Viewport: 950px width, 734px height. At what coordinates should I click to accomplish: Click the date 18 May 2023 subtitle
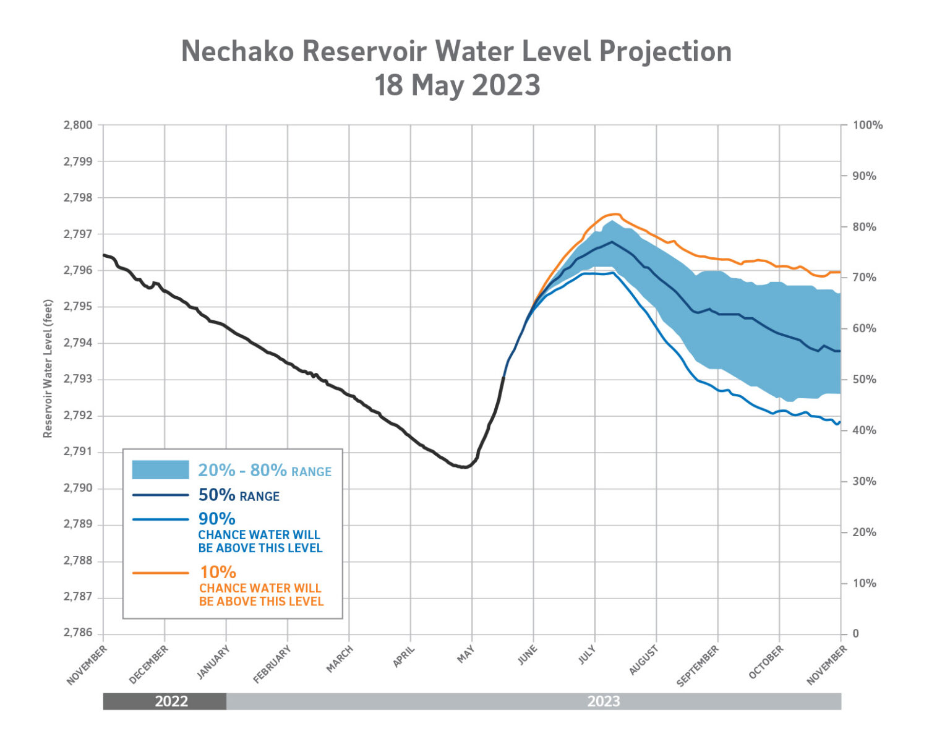(x=457, y=85)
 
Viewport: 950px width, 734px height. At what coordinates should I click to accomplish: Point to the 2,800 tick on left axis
(x=78, y=125)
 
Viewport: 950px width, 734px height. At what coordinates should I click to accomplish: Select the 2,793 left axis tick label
(x=78, y=379)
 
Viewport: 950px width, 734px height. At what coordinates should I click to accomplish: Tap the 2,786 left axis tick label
(x=78, y=633)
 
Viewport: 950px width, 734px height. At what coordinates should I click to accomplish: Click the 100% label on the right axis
(x=867, y=125)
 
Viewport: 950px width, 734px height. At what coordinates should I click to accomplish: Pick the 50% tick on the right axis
(x=864, y=379)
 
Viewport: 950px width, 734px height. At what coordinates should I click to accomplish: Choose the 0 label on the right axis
(x=856, y=633)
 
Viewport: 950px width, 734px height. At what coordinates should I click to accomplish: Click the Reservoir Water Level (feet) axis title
(x=48, y=369)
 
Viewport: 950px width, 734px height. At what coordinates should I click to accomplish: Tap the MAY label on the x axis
(x=466, y=655)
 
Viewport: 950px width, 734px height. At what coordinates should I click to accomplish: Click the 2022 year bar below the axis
(x=171, y=701)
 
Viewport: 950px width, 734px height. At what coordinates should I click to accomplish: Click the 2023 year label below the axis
(x=603, y=701)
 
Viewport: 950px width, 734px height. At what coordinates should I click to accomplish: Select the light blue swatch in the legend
(x=160, y=469)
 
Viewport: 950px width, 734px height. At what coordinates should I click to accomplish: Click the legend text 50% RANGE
(x=239, y=495)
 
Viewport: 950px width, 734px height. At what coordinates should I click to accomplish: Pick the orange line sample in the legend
(x=160, y=573)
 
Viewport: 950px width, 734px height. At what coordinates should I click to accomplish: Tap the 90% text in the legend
(x=216, y=519)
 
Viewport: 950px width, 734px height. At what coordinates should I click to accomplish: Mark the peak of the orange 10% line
(x=614, y=214)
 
